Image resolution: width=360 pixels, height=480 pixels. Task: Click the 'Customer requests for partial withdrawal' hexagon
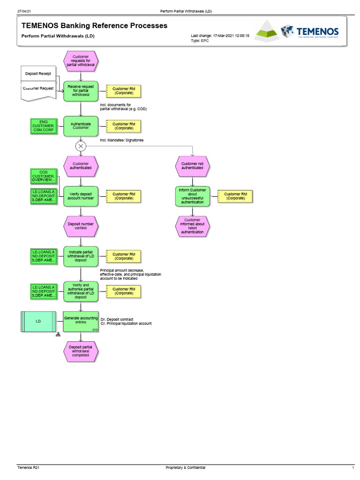tap(81, 60)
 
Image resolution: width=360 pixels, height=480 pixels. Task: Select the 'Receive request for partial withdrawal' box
tap(81, 90)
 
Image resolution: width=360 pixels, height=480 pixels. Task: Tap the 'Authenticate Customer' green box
tap(81, 126)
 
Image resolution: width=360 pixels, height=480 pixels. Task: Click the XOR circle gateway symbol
tap(81, 146)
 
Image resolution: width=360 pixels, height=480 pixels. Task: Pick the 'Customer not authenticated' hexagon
tap(192, 165)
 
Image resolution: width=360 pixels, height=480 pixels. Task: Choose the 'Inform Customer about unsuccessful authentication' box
tap(192, 196)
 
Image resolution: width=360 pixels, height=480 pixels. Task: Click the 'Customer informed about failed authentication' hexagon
tap(192, 226)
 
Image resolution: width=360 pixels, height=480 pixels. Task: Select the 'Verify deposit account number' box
tap(81, 196)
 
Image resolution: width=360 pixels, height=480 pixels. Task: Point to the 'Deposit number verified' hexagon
tap(81, 226)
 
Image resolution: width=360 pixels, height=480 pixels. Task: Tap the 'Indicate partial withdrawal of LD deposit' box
tap(81, 256)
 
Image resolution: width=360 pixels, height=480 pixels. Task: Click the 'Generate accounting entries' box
tap(81, 322)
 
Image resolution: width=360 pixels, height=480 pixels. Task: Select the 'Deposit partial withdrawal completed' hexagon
tap(81, 352)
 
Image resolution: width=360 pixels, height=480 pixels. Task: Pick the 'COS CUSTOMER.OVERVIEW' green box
tap(44, 176)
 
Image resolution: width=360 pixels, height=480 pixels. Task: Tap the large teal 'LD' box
tap(38, 322)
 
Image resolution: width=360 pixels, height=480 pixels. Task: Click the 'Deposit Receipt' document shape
tap(39, 74)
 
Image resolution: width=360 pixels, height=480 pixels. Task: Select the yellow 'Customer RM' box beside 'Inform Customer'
tap(235, 196)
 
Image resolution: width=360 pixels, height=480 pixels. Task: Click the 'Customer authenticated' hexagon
tap(81, 165)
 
